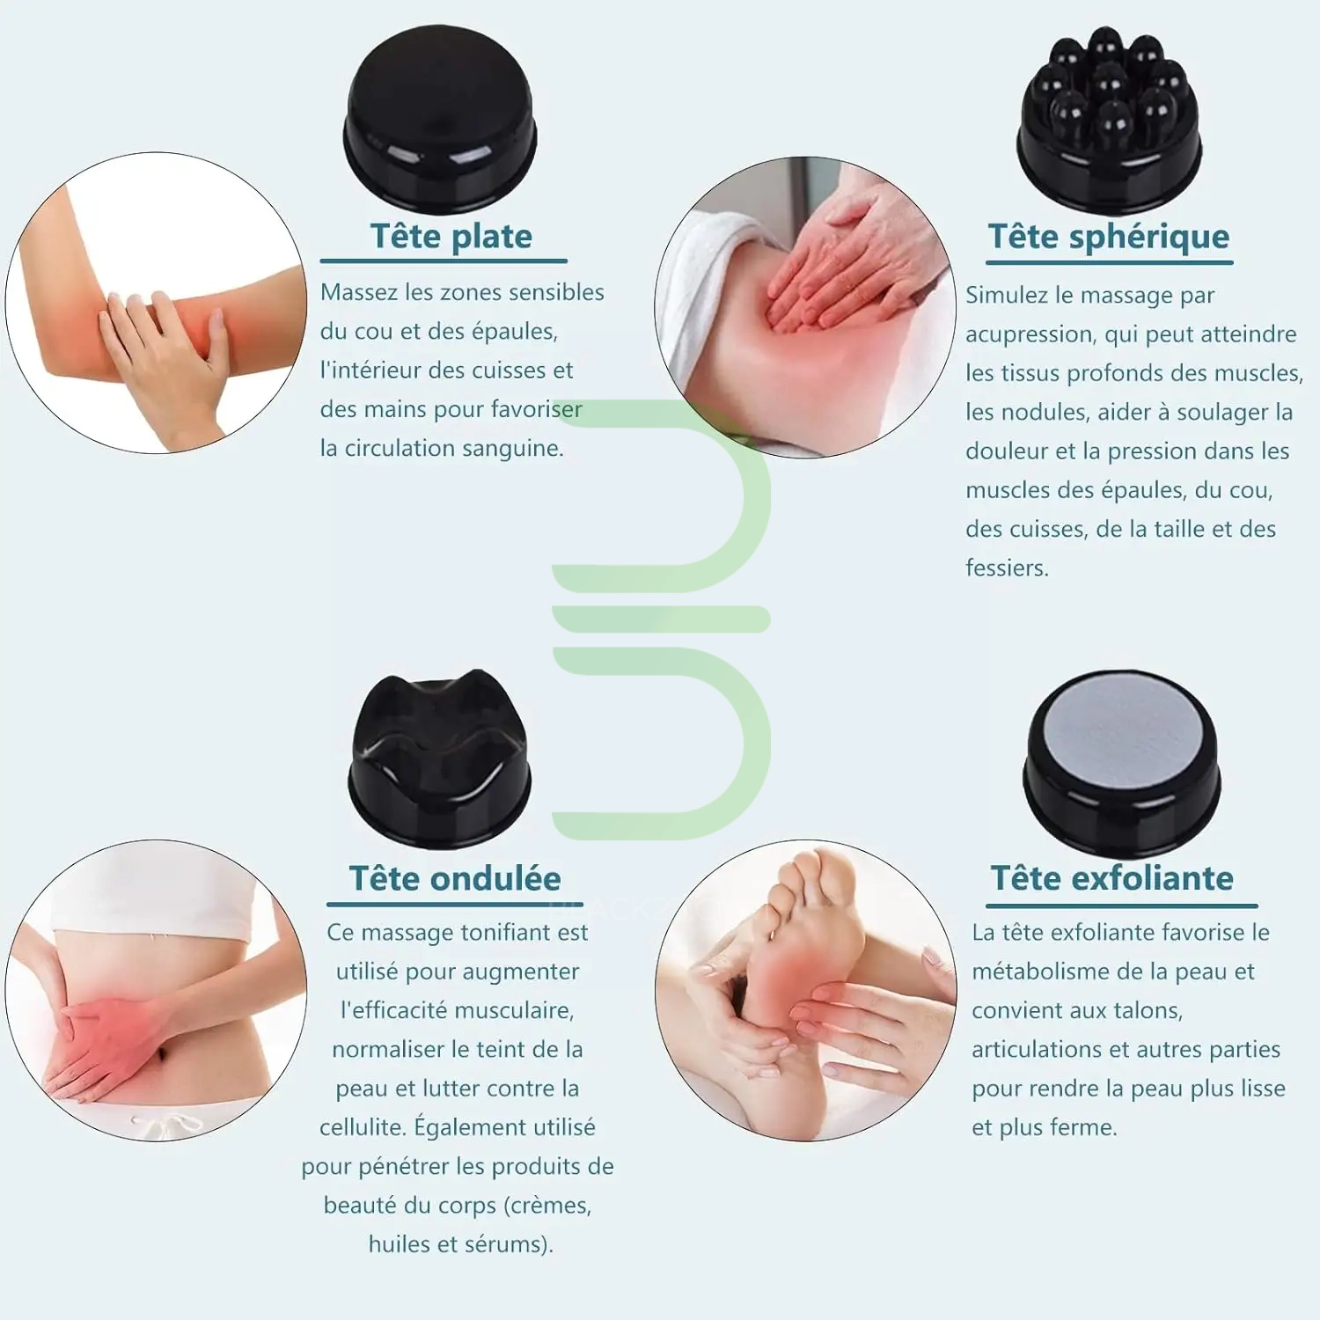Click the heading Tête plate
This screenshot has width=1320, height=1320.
pos(451,237)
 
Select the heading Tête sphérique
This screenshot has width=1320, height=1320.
pos(1109,237)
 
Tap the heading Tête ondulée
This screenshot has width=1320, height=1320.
pos(454,878)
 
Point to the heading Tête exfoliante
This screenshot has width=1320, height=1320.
pos(1112,877)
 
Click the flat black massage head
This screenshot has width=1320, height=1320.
pos(440,120)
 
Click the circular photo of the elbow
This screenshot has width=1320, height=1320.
pos(156,303)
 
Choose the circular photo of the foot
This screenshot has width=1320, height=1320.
pos(805,991)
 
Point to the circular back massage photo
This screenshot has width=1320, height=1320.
pos(805,307)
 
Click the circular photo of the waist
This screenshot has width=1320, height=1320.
pos(156,991)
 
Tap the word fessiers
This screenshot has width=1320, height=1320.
pos(1008,568)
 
